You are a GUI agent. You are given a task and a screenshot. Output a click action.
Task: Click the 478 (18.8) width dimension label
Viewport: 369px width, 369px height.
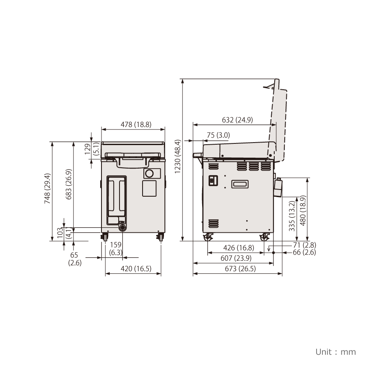(136, 124)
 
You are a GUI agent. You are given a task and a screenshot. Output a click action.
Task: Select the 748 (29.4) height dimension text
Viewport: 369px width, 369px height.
(47, 189)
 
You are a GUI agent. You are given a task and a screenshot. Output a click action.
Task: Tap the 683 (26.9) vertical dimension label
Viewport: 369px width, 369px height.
(68, 184)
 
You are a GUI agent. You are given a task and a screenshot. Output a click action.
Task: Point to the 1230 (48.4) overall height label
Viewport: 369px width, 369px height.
(178, 156)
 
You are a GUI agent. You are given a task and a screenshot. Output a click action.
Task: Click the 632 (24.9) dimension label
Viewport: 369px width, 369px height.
(237, 120)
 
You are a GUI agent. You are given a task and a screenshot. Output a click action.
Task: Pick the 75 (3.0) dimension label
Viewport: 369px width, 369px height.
(218, 135)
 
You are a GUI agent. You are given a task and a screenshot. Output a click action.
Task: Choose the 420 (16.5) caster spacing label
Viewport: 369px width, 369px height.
(136, 268)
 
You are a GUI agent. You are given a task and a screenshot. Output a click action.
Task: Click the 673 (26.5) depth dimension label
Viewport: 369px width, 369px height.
(240, 268)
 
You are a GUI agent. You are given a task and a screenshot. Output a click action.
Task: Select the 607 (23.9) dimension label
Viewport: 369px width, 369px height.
(236, 258)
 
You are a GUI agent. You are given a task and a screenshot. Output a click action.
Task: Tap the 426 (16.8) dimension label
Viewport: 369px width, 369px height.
(239, 247)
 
